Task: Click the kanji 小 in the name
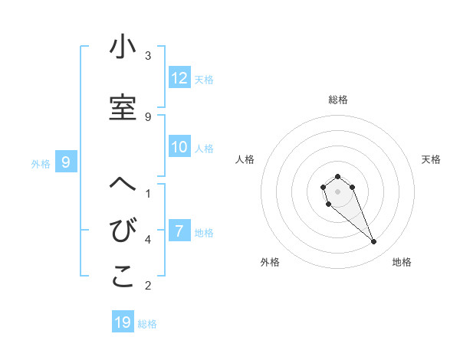[123, 47]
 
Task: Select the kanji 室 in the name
[123, 108]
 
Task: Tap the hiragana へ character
[123, 185]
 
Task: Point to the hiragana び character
[123, 231]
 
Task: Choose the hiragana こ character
[123, 278]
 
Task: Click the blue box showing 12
[179, 78]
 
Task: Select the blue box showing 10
[179, 147]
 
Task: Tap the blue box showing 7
[179, 231]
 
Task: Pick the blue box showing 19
[123, 322]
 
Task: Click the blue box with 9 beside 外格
[66, 162]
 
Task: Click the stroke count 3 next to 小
[148, 56]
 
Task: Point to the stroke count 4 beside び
[148, 240]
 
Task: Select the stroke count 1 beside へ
[148, 194]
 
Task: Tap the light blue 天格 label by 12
[204, 79]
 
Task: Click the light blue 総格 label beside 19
[147, 323]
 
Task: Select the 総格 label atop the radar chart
[337, 100]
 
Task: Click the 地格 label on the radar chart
[402, 263]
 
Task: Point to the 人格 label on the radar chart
[245, 159]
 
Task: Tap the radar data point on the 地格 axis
[374, 242]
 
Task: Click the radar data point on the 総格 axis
[337, 177]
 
